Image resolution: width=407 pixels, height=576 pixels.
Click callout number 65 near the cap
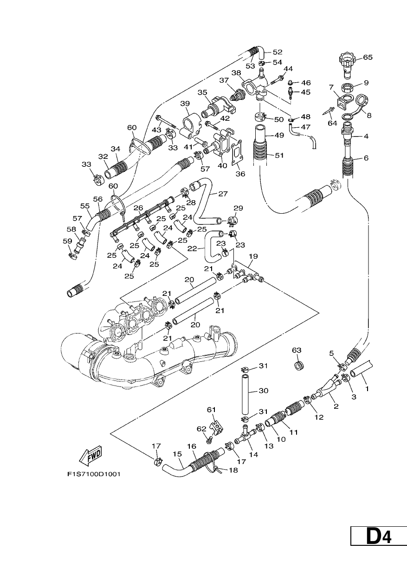pyautogui.click(x=368, y=57)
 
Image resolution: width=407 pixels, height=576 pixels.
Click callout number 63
pyautogui.click(x=297, y=350)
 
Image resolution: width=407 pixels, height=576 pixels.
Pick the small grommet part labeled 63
pyautogui.click(x=298, y=366)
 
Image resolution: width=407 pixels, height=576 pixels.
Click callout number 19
pyautogui.click(x=253, y=256)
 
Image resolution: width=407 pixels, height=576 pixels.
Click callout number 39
pyautogui.click(x=185, y=104)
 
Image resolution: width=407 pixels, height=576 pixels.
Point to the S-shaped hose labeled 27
pyautogui.click(x=206, y=203)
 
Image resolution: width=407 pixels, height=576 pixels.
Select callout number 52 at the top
pyautogui.click(x=278, y=52)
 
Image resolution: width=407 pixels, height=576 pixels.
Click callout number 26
pyautogui.click(x=138, y=207)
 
